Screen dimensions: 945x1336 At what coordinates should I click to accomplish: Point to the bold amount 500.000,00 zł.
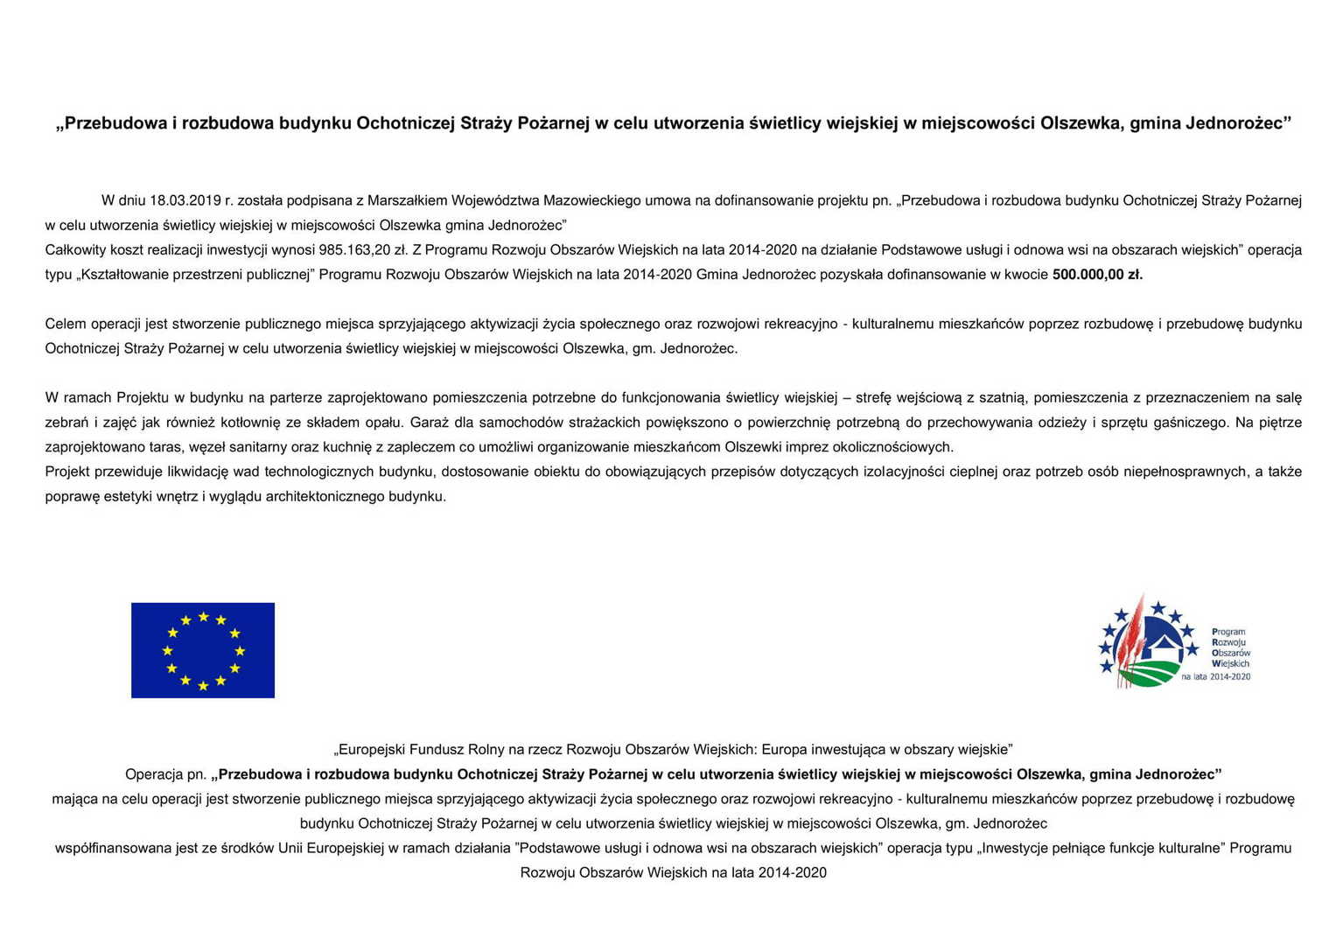[1097, 275]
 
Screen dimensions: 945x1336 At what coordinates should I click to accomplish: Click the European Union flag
[203, 650]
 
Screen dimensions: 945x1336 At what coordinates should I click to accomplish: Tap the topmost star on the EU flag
[203, 617]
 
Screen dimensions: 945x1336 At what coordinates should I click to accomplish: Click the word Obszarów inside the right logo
[1231, 653]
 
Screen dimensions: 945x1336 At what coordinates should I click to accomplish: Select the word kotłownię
[252, 423]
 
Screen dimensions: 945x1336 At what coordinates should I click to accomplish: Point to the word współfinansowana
[114, 848]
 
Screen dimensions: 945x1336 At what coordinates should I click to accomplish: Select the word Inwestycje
[1014, 848]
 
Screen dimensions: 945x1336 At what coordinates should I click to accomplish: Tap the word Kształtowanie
[123, 275]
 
